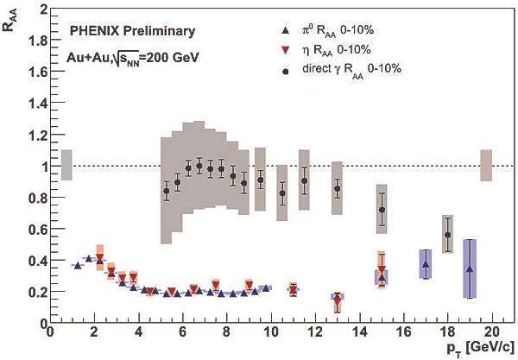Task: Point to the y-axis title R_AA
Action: coord(11,17)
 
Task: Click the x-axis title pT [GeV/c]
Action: coord(474,349)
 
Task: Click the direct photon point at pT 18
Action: coord(447,235)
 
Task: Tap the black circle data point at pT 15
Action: coord(382,210)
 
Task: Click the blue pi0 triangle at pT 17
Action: coord(426,265)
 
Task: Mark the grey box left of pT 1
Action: coord(66,165)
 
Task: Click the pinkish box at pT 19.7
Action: coord(486,165)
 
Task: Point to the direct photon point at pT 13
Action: coord(338,188)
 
